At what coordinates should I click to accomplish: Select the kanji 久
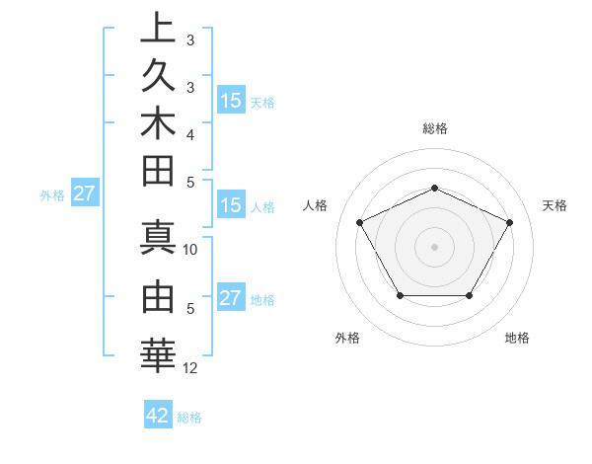[x=158, y=77]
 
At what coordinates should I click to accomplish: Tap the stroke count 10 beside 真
[x=191, y=250]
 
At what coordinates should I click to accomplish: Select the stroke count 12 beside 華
[x=191, y=368]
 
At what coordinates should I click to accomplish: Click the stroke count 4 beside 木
[x=190, y=133]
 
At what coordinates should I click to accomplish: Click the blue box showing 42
[x=158, y=416]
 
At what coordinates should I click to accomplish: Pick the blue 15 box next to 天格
[x=231, y=100]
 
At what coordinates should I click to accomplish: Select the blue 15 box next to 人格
[x=231, y=205]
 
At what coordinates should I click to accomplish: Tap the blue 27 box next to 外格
[x=84, y=193]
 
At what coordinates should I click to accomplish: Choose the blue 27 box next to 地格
[x=231, y=298]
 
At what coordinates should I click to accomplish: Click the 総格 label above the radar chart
[x=434, y=128]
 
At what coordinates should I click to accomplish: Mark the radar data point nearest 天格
[x=510, y=222]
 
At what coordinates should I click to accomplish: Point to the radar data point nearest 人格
[x=359, y=221]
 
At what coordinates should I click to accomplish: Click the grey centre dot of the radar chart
[x=434, y=246]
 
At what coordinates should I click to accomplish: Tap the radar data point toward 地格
[x=469, y=295]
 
